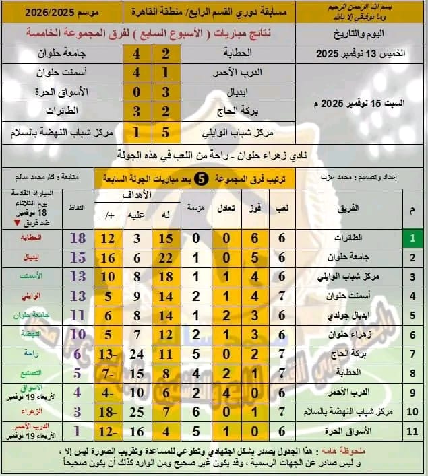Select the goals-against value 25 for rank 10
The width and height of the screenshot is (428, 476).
click(135, 410)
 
